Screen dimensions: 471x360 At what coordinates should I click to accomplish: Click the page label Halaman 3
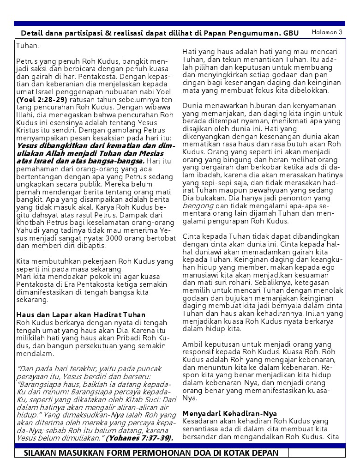(x=327, y=32)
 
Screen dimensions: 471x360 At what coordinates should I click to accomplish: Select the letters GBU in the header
(x=291, y=34)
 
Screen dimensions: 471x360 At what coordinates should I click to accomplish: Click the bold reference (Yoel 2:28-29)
(x=42, y=99)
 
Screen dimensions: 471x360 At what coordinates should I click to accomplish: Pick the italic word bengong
(x=198, y=205)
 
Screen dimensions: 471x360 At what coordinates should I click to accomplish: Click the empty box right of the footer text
(x=317, y=453)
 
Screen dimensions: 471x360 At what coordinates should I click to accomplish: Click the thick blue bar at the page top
(x=180, y=23)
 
